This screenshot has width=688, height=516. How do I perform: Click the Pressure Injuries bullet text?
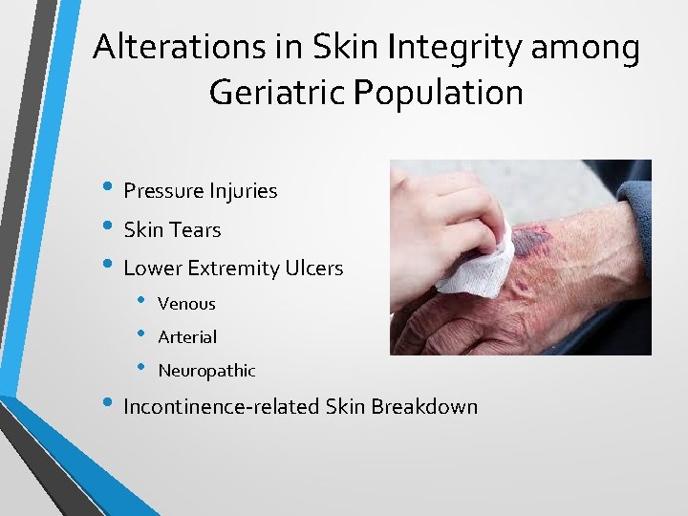200,191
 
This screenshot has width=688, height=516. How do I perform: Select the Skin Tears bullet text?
172,230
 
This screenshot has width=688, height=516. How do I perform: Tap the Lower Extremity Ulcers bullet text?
233,269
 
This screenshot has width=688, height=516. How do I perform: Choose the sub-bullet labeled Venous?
186,304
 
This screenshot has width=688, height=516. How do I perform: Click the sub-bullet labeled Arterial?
187,337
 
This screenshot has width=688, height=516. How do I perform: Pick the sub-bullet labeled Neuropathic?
206,371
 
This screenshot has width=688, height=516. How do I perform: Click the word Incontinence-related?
221,407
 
